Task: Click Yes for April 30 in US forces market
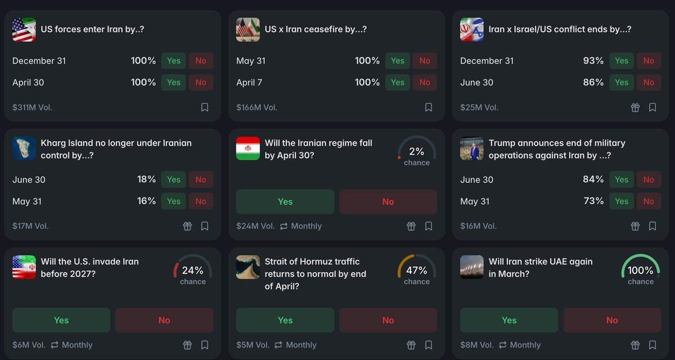pyautogui.click(x=173, y=83)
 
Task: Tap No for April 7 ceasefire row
pyautogui.click(x=425, y=83)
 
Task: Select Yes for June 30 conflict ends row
pyautogui.click(x=621, y=83)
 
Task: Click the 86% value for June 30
pyautogui.click(x=593, y=83)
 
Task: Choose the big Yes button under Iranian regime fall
pyautogui.click(x=285, y=201)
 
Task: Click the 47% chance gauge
pyautogui.click(x=416, y=271)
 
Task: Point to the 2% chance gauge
pyautogui.click(x=416, y=152)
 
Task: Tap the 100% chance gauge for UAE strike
pyautogui.click(x=640, y=271)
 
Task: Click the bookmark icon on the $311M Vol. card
pyautogui.click(x=205, y=107)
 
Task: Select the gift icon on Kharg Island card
pyautogui.click(x=187, y=226)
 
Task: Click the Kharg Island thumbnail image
pyautogui.click(x=24, y=148)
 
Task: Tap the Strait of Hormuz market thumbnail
pyautogui.click(x=248, y=267)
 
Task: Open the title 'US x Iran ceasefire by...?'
pyautogui.click(x=316, y=29)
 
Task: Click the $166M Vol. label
pyautogui.click(x=256, y=107)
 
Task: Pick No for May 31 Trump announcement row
pyautogui.click(x=649, y=201)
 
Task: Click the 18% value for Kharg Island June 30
pyautogui.click(x=146, y=179)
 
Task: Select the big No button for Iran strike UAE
pyautogui.click(x=612, y=320)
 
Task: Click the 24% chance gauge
pyautogui.click(x=192, y=271)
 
